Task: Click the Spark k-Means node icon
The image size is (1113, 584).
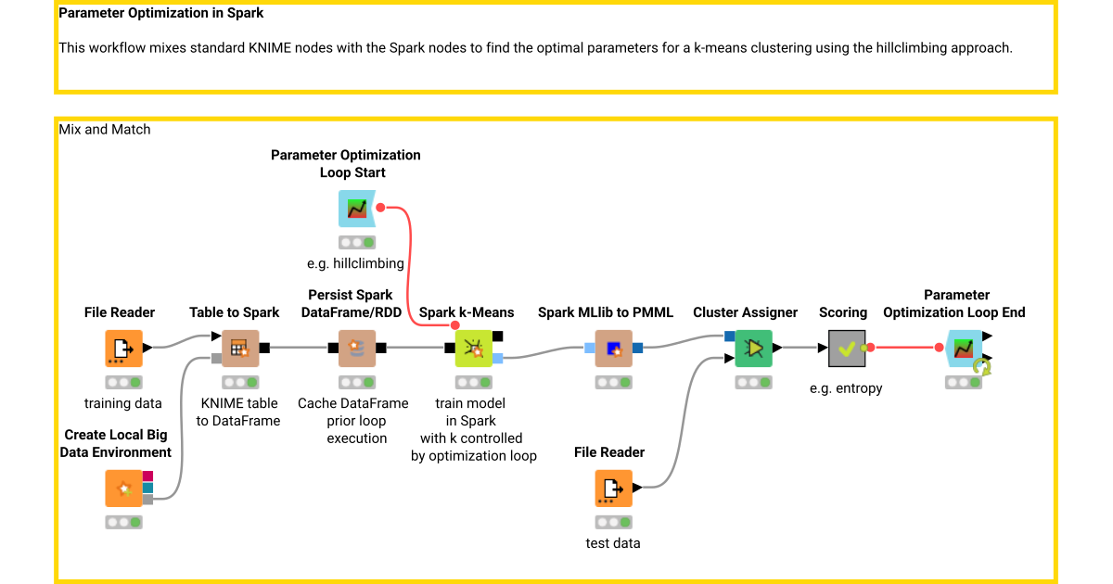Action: coord(474,349)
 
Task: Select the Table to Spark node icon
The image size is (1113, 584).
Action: coord(239,349)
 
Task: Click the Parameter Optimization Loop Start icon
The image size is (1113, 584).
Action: coord(357,209)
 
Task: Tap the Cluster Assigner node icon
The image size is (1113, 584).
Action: coord(753,349)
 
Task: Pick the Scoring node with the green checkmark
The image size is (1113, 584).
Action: coord(846,349)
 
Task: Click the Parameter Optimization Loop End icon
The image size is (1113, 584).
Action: coord(964,349)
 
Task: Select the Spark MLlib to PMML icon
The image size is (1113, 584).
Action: coord(613,349)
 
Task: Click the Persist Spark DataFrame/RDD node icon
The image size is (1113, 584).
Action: coord(357,349)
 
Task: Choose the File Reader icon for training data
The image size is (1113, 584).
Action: coord(123,349)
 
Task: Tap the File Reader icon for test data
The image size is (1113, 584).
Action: coord(613,489)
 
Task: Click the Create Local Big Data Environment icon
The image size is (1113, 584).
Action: coord(123,489)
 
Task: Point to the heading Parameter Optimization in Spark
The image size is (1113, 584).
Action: coord(161,14)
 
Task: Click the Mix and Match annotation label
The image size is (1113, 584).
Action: coord(105,130)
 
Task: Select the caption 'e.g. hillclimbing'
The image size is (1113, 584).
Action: coord(356,263)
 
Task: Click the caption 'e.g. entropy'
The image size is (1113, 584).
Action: coord(846,388)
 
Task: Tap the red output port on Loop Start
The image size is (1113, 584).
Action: coord(380,208)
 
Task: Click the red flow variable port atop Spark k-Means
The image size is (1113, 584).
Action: coord(454,325)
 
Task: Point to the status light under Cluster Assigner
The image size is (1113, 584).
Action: coord(753,382)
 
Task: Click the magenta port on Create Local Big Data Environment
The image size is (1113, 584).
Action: coord(147,476)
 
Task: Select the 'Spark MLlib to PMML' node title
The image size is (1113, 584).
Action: coord(606,312)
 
